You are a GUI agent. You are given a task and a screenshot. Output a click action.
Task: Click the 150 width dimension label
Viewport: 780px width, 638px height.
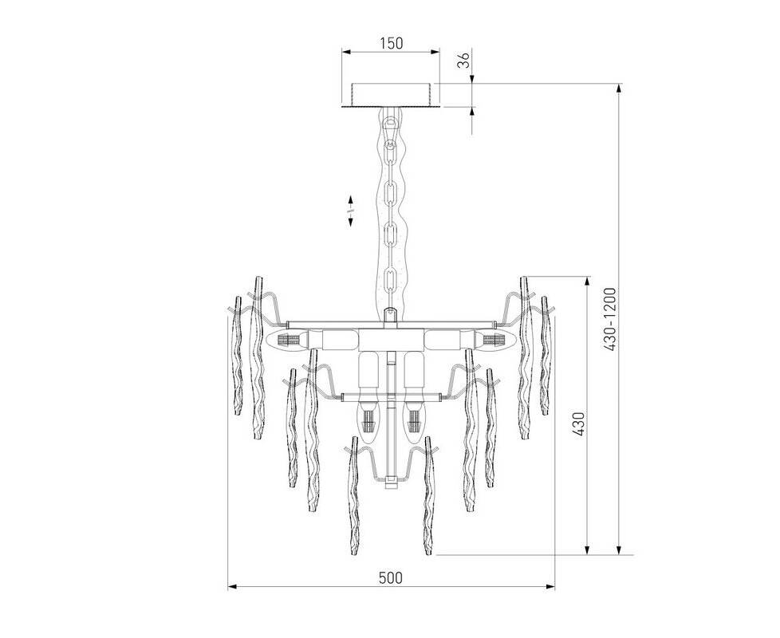[391, 43]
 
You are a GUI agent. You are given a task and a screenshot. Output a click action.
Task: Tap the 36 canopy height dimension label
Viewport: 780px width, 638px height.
[463, 61]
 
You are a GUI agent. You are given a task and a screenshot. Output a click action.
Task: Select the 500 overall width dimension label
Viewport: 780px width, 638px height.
[391, 578]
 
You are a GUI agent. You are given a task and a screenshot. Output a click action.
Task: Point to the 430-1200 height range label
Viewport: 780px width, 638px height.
[610, 319]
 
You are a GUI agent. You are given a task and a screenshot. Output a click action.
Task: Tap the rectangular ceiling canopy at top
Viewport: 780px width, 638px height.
[391, 94]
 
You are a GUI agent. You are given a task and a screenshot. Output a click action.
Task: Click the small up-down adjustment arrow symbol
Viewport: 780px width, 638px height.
[351, 211]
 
